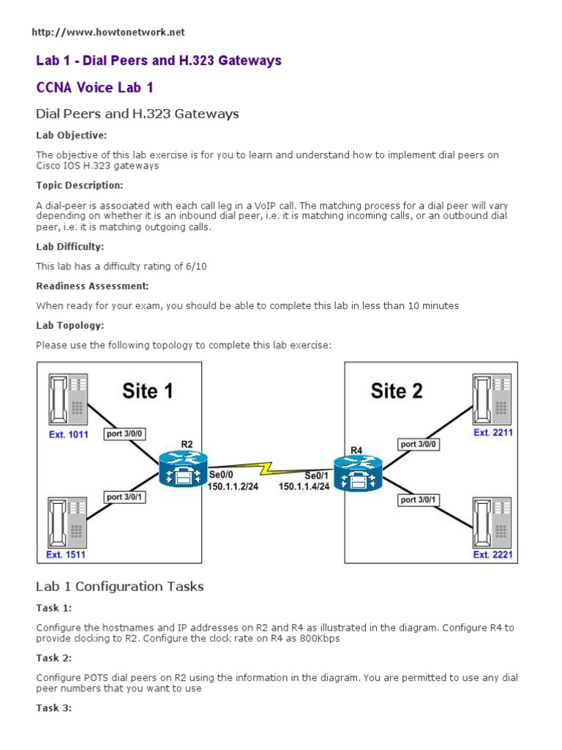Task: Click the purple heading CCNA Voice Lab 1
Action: [95, 87]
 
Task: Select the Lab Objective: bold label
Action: [72, 135]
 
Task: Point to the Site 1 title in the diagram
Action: [148, 390]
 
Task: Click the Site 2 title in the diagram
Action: [397, 390]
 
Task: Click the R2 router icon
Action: [183, 468]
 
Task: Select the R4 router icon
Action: [357, 469]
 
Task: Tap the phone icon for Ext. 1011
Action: [67, 401]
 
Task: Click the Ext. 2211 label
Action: [492, 433]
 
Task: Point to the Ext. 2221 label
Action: [492, 554]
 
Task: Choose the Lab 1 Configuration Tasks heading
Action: [120, 586]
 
